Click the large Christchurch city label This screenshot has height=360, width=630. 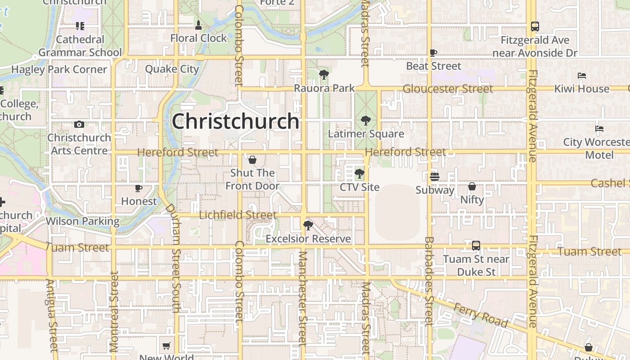[235, 121]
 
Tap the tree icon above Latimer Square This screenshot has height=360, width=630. [366, 121]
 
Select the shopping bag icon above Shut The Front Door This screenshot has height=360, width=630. [252, 160]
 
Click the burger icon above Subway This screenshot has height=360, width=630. [434, 177]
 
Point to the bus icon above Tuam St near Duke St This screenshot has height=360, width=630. [476, 246]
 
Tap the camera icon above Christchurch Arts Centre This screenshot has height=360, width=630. [80, 125]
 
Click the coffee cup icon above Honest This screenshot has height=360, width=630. [139, 188]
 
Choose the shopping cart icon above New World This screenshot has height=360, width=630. [166, 346]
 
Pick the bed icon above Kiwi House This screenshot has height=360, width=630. [582, 76]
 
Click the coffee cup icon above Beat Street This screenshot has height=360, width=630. [433, 53]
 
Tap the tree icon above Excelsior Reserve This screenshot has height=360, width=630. [308, 225]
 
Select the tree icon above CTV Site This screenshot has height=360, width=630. [359, 173]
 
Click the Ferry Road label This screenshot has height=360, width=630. [481, 315]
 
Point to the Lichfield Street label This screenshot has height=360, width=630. [238, 215]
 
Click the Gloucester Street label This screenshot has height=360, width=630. [448, 89]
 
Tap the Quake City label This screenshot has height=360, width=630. [172, 69]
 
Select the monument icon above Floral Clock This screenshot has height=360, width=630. [198, 25]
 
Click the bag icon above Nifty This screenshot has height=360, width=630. [472, 186]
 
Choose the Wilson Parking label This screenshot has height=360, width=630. [83, 221]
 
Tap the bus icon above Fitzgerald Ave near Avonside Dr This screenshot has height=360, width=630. [535, 27]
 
